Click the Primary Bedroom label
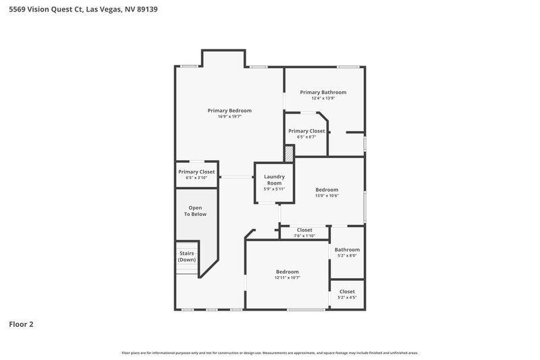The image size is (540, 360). coord(230,110)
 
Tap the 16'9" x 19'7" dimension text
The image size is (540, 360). coord(230,116)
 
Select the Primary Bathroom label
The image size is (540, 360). coord(323,92)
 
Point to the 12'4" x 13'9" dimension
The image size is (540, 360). coord(323,98)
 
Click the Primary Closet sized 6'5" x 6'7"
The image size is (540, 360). coord(306,131)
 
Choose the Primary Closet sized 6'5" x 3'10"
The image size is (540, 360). coord(196,172)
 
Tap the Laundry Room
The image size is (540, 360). coord(274,180)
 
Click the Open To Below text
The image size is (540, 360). coord(196,211)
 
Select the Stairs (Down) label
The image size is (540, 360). coord(187,256)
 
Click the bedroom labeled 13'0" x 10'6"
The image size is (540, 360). coord(327,190)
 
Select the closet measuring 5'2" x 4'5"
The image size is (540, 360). coord(347,294)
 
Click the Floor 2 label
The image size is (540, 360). coord(21,324)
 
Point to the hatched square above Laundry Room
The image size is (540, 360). coord(289,153)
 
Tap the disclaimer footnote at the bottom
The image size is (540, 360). coord(269,353)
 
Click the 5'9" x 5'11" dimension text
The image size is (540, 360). coord(274,189)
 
